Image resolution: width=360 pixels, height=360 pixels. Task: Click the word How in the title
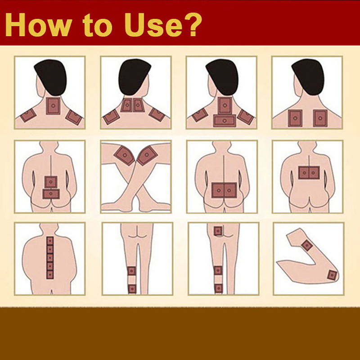38,25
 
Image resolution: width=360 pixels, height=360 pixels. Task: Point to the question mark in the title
193,24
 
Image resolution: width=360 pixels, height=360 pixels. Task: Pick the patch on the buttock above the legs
218,231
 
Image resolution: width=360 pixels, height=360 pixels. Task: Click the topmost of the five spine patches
50,241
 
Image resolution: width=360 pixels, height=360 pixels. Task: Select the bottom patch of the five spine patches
50,274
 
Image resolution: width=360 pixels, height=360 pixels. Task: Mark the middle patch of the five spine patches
50,258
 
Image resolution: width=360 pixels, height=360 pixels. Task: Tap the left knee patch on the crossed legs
125,155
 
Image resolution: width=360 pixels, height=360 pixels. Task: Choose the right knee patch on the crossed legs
147,155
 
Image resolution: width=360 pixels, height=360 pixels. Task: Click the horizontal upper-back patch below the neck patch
225,121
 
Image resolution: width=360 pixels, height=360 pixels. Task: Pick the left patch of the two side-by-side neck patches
126,105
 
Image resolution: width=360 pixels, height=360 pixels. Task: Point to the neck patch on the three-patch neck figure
53,106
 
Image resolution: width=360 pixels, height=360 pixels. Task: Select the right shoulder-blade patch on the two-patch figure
320,118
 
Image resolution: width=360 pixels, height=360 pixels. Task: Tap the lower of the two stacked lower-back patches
51,194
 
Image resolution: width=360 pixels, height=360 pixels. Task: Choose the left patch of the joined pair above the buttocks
218,190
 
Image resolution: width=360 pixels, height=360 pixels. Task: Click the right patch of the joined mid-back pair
314,173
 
